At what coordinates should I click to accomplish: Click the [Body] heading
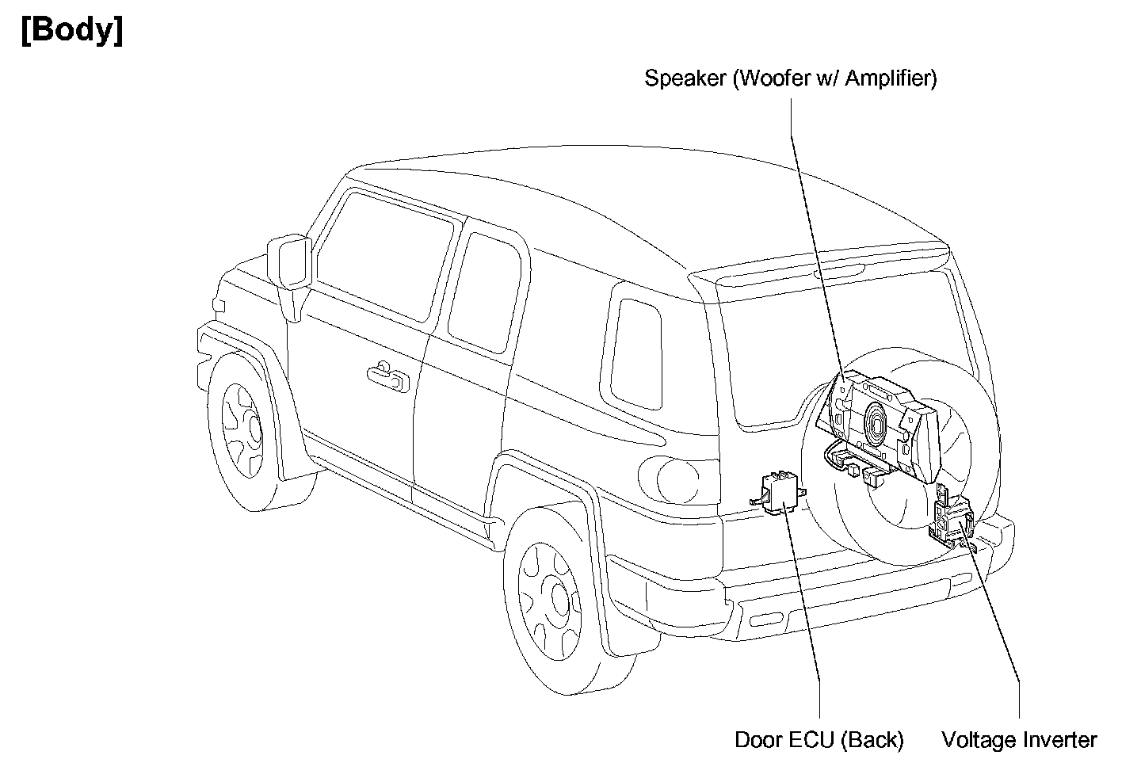[x=72, y=32]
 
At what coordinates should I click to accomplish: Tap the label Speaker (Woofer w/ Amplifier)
[x=790, y=78]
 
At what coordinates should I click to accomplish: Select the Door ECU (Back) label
[x=819, y=740]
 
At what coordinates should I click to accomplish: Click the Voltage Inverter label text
[x=1019, y=740]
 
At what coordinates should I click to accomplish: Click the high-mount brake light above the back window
[x=840, y=274]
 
